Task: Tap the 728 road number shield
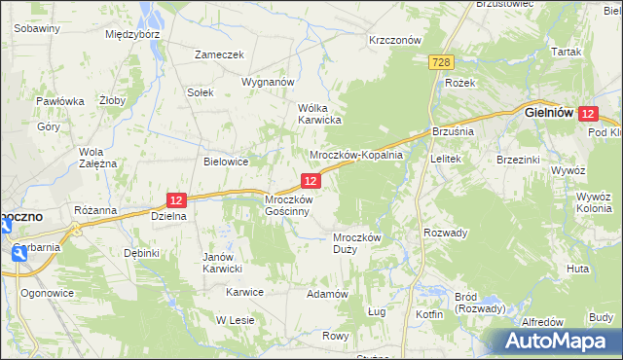[442, 62]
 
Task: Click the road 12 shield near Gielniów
[587, 114]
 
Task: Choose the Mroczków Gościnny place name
[288, 205]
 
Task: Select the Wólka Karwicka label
[318, 114]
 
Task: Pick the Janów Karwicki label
[222, 263]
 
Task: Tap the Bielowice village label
[227, 162]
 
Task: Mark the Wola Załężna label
[97, 158]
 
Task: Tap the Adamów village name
[327, 294]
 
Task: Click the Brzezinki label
[519, 159]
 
